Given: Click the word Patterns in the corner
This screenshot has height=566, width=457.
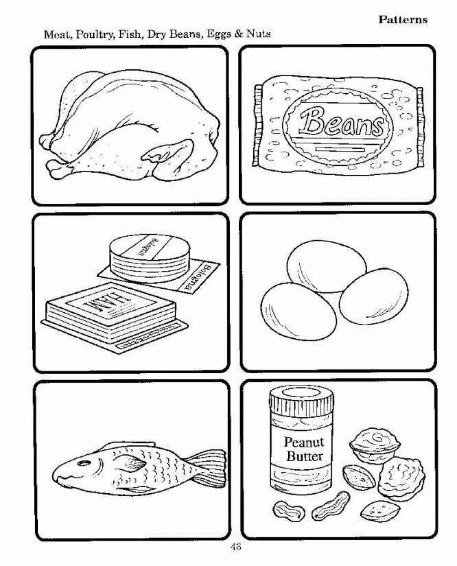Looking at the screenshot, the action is click(x=403, y=20).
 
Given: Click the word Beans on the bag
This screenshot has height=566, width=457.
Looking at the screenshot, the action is click(x=341, y=124).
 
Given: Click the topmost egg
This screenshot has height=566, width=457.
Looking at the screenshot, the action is click(x=326, y=266).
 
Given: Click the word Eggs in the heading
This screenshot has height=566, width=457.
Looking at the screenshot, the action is click(x=215, y=35).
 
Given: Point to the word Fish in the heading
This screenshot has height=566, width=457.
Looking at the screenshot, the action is click(x=129, y=34).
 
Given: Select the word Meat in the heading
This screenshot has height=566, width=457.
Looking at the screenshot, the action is click(x=58, y=35).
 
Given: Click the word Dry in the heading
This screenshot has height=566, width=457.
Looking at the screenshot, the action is click(x=156, y=35).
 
